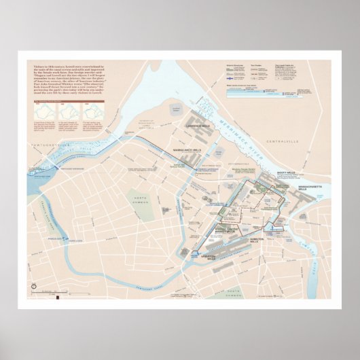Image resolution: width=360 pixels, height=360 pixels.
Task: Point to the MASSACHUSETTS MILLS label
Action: pyautogui.click(x=316, y=187)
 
